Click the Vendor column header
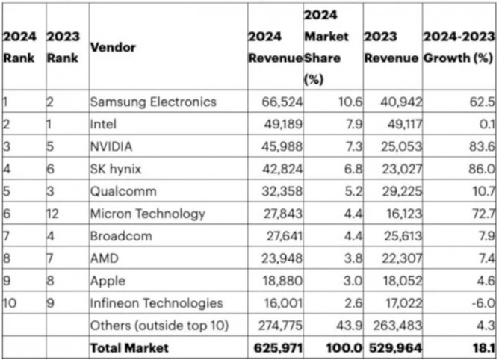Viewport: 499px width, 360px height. coord(113,47)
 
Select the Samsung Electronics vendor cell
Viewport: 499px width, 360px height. coord(152,102)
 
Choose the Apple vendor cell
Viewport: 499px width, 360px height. coord(107,281)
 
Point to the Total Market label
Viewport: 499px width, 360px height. coord(128,347)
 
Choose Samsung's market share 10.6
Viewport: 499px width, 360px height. coord(341,102)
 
